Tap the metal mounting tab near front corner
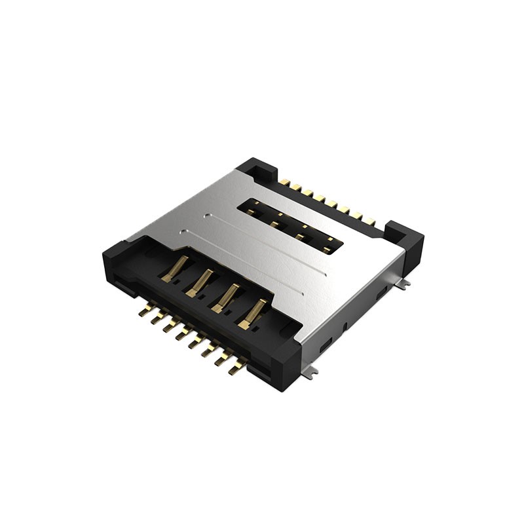click(x=314, y=371)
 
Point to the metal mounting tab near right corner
click(x=406, y=284)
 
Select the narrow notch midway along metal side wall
click(x=346, y=322)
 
